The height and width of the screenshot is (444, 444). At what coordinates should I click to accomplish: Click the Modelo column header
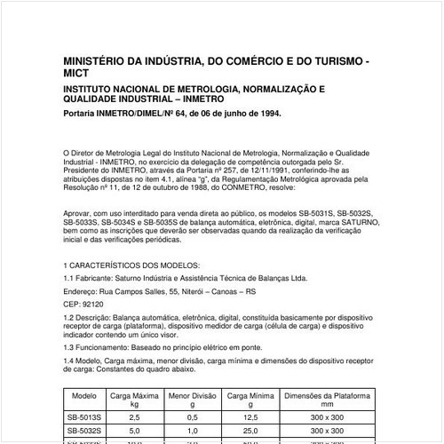(84, 395)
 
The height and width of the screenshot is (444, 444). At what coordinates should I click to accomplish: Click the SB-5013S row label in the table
(84, 416)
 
